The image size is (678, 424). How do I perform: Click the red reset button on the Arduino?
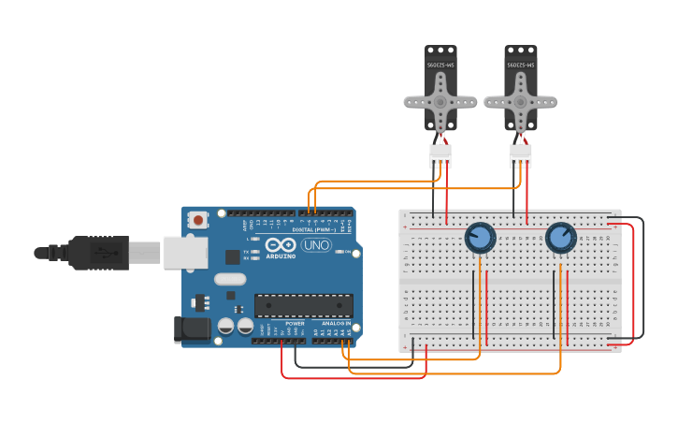click(x=198, y=220)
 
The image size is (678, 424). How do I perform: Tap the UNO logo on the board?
click(x=316, y=245)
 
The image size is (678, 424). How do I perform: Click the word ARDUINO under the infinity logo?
click(x=281, y=255)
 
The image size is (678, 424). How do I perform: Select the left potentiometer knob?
click(x=480, y=238)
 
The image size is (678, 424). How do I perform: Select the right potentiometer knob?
click(x=560, y=238)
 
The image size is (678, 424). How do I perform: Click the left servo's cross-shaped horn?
click(x=440, y=101)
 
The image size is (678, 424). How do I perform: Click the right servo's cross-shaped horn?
click(x=520, y=101)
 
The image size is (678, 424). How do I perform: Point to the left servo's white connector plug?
click(x=440, y=154)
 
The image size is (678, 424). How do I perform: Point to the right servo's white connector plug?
click(x=520, y=154)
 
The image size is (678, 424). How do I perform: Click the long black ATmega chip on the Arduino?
click(x=303, y=305)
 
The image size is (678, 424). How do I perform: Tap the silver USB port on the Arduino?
click(x=185, y=252)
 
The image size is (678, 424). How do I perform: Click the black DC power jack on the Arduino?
click(x=192, y=329)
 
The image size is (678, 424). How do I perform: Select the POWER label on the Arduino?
click(x=295, y=323)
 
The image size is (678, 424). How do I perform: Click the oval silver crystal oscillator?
click(x=230, y=278)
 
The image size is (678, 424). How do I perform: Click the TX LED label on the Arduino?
click(x=245, y=252)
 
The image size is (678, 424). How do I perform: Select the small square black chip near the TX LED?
click(x=233, y=256)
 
